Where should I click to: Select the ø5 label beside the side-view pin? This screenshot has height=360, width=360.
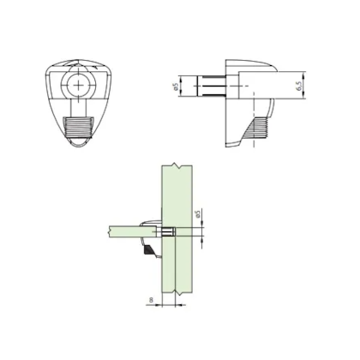(x=176, y=87)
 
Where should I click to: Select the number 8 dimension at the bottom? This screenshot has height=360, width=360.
(x=151, y=302)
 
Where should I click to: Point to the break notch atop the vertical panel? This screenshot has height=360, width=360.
(x=174, y=165)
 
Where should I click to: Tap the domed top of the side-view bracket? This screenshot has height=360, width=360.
(x=249, y=63)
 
